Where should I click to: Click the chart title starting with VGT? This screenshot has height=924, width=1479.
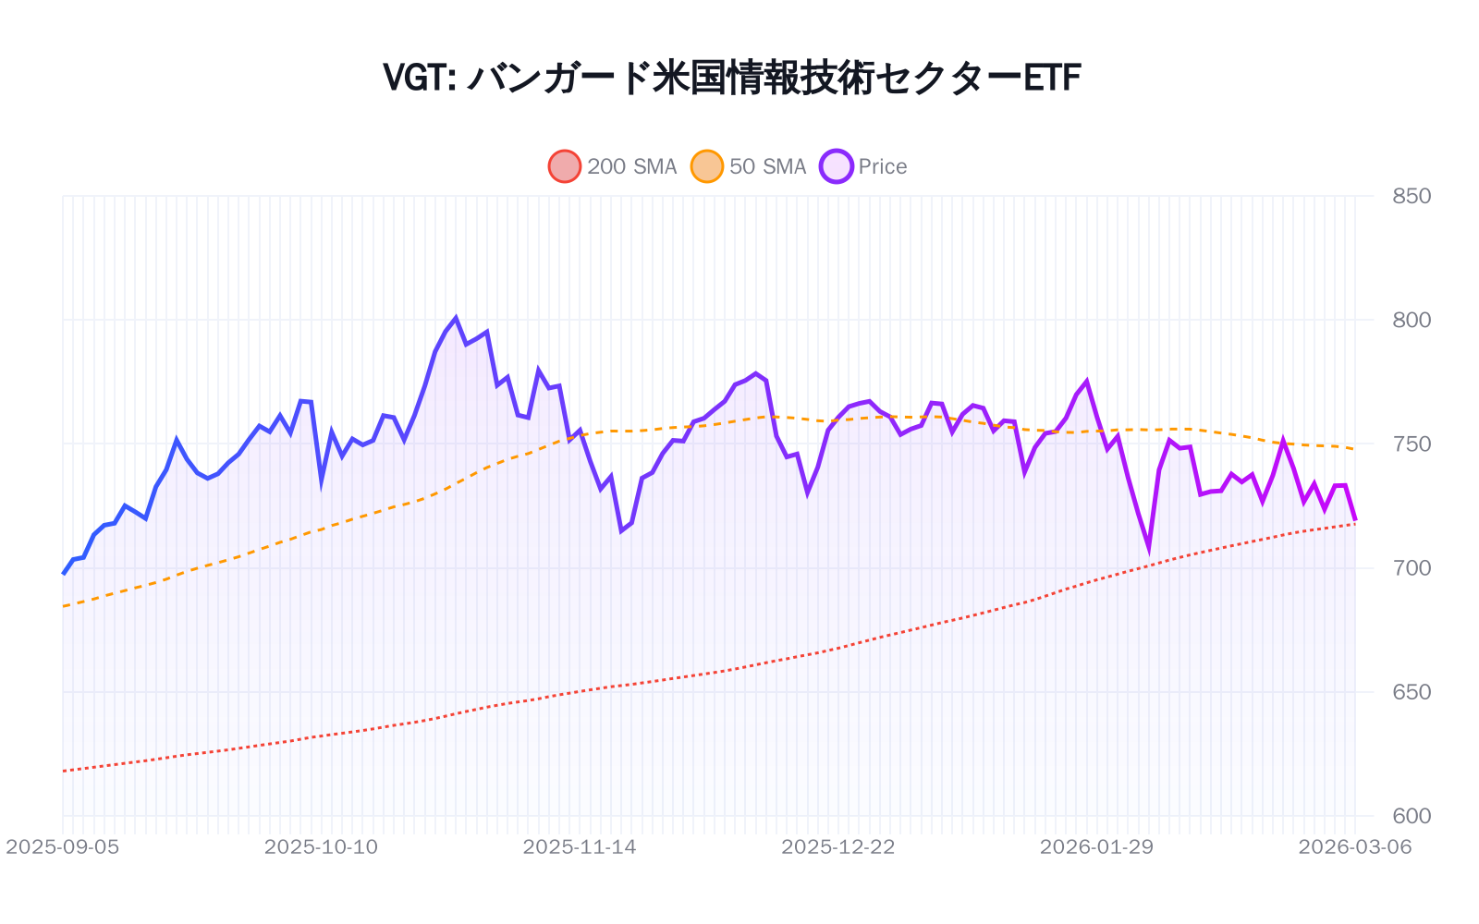[731, 78]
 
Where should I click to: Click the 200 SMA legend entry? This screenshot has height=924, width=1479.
[613, 166]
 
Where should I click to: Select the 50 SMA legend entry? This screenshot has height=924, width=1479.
[750, 166]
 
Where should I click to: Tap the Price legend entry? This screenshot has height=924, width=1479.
[864, 166]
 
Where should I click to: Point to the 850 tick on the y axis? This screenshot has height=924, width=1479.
[1412, 196]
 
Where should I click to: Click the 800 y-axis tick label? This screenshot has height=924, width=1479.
[1412, 320]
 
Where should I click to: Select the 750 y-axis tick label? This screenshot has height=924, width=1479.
[1412, 444]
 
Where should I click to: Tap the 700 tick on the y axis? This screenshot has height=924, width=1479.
[1412, 568]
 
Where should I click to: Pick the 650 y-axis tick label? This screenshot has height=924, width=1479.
[1412, 692]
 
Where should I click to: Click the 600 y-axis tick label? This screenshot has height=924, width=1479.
[1412, 816]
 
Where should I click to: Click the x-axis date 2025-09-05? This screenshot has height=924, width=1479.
[63, 847]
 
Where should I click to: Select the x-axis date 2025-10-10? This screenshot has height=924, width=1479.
[321, 847]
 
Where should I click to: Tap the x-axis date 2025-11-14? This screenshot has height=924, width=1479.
[580, 847]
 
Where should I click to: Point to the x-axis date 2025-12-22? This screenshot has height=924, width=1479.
[838, 847]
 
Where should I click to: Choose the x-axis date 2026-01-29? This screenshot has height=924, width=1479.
[1096, 847]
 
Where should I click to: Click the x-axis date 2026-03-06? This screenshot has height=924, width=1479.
[1355, 847]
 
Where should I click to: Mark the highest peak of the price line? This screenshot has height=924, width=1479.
[456, 318]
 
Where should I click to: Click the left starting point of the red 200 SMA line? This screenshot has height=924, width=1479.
[63, 771]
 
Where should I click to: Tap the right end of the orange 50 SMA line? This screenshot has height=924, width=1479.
[1355, 449]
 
